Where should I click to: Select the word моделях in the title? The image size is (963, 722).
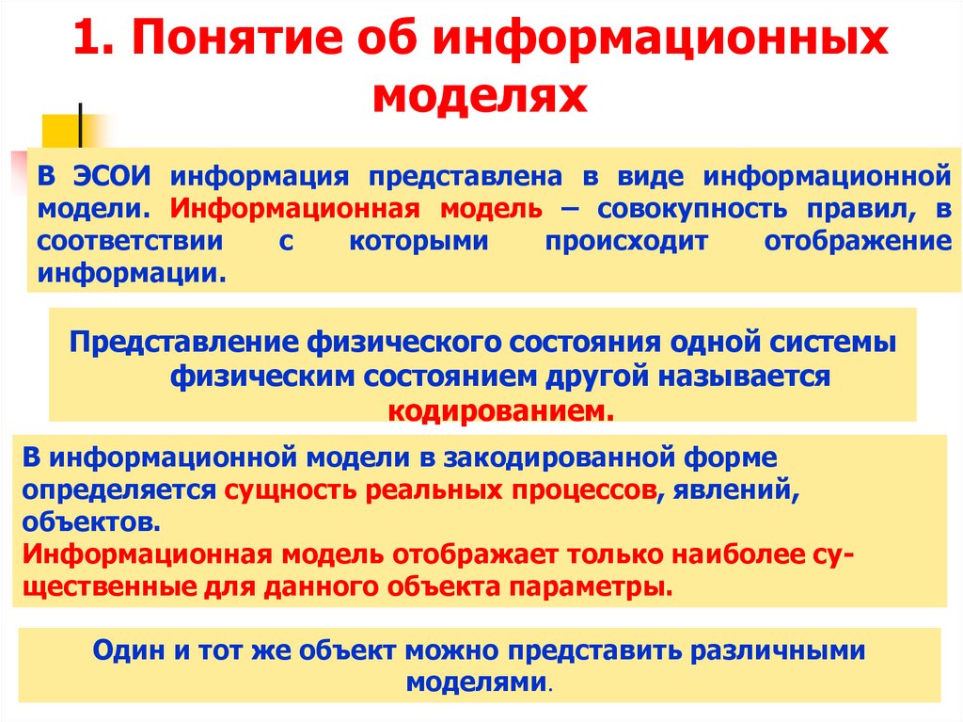point(481,96)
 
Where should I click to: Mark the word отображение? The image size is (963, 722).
point(858,241)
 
